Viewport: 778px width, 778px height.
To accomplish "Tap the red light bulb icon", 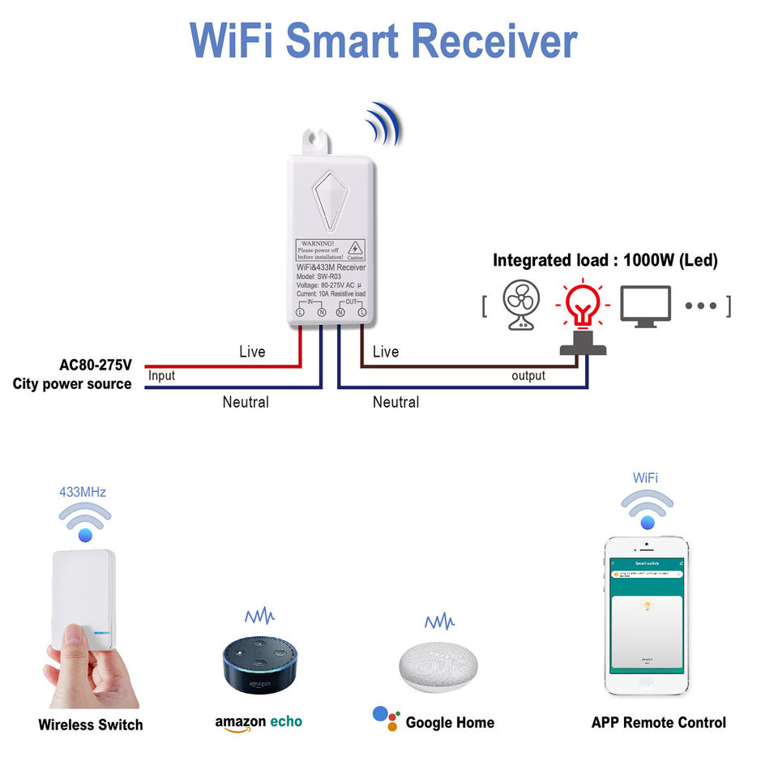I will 582,304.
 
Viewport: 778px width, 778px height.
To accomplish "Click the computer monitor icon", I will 645,306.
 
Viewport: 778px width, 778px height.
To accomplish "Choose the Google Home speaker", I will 438,666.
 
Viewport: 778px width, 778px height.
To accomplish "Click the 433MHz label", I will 83,492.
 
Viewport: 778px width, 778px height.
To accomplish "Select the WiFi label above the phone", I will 646,478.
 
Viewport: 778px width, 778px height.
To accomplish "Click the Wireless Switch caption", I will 90,725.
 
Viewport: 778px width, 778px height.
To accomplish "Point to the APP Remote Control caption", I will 658,722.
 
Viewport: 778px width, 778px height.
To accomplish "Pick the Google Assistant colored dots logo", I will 386,718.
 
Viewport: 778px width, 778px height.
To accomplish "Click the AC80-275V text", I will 96,365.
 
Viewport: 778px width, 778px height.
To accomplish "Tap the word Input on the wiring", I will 161,376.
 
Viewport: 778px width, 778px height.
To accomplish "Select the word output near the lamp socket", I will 528,376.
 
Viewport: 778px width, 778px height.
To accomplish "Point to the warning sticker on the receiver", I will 329,249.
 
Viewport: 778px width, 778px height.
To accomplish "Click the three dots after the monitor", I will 701,306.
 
